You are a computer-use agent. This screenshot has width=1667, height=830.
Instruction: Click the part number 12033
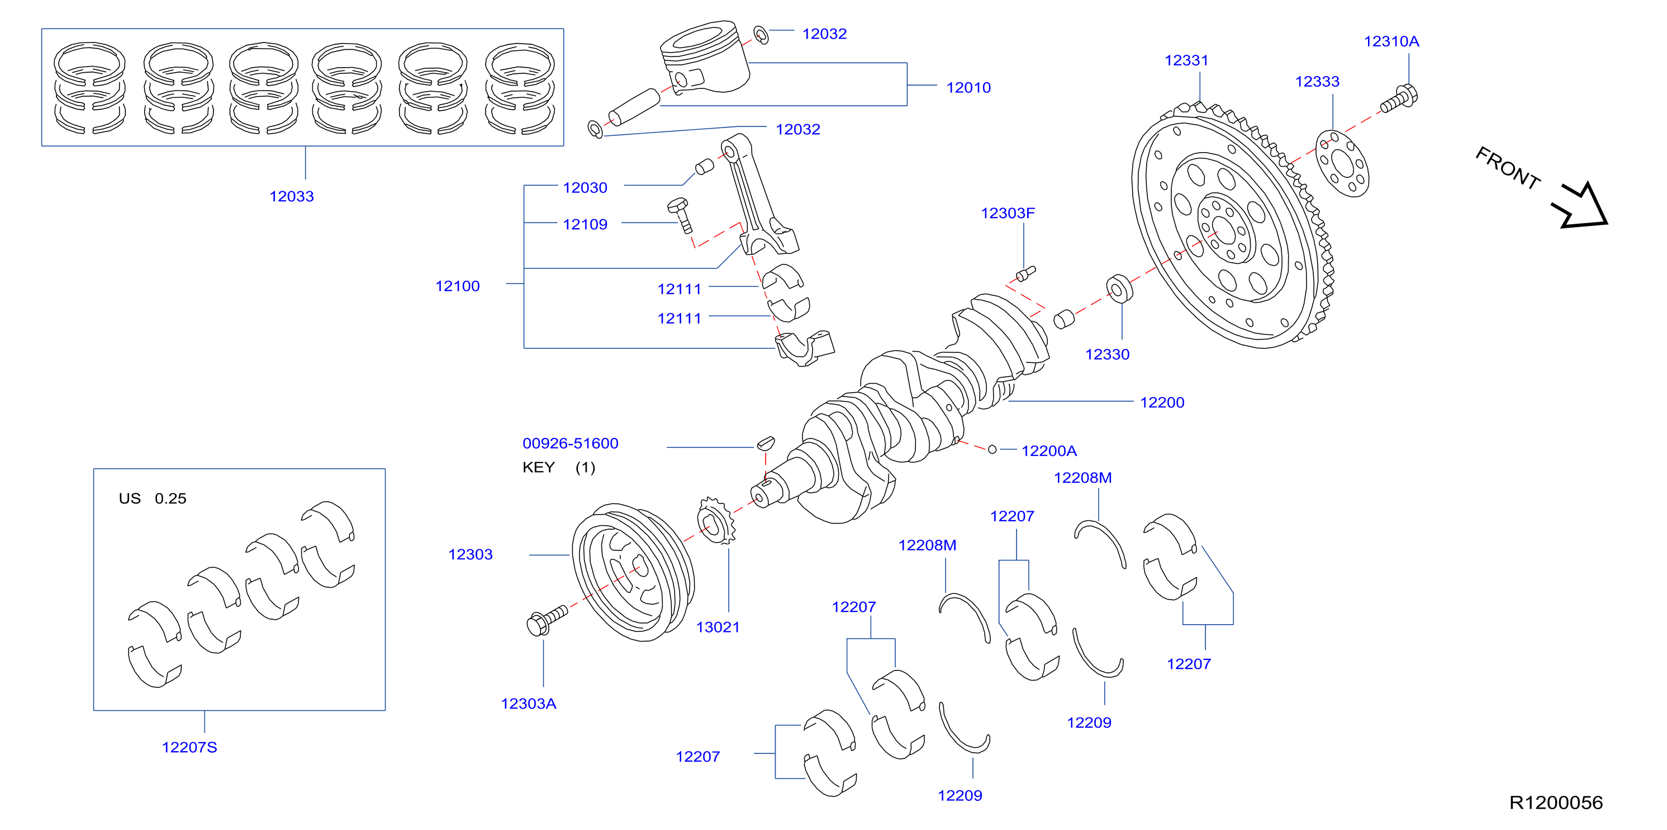tap(291, 196)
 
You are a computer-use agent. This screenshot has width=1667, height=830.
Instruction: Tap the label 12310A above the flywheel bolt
tap(1391, 41)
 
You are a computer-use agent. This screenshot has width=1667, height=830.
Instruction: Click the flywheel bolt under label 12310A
tap(1399, 99)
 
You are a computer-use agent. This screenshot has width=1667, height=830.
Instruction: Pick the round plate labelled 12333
tap(1343, 164)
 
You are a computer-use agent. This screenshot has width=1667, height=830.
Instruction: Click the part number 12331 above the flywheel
tap(1186, 60)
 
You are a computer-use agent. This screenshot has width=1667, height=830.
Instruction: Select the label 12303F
tap(1008, 213)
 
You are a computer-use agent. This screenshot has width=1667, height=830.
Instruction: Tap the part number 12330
tap(1107, 354)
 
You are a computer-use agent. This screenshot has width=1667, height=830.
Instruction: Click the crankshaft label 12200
tap(1162, 402)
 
